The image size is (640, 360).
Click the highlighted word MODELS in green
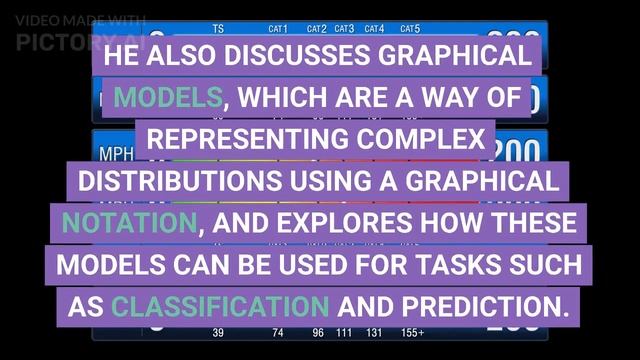(x=167, y=98)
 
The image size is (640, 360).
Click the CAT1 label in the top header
(x=278, y=29)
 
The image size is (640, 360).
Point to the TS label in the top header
(x=218, y=29)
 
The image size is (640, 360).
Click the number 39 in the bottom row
(x=218, y=333)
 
